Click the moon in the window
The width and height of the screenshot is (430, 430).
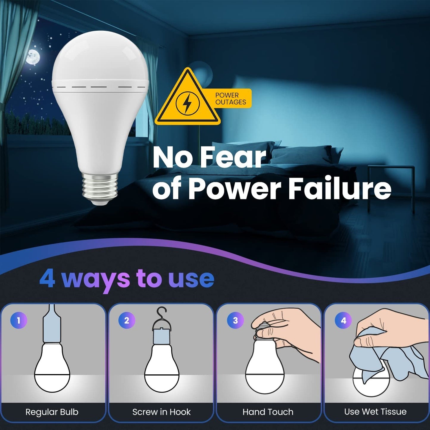(33, 57)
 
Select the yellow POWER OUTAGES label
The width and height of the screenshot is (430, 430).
(231, 98)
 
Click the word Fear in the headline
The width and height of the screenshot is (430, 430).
(233, 157)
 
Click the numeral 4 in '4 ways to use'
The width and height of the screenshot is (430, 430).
(47, 279)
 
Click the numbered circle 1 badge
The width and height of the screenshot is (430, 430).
(19, 320)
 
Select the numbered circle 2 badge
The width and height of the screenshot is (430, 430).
(127, 320)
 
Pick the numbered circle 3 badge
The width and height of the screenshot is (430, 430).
(235, 320)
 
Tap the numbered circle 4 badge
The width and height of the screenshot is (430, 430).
(343, 320)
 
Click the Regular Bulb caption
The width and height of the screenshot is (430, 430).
(52, 412)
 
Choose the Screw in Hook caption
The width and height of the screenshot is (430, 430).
(161, 412)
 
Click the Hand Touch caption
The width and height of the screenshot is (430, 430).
(268, 412)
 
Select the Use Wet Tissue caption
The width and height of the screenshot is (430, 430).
(375, 412)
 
